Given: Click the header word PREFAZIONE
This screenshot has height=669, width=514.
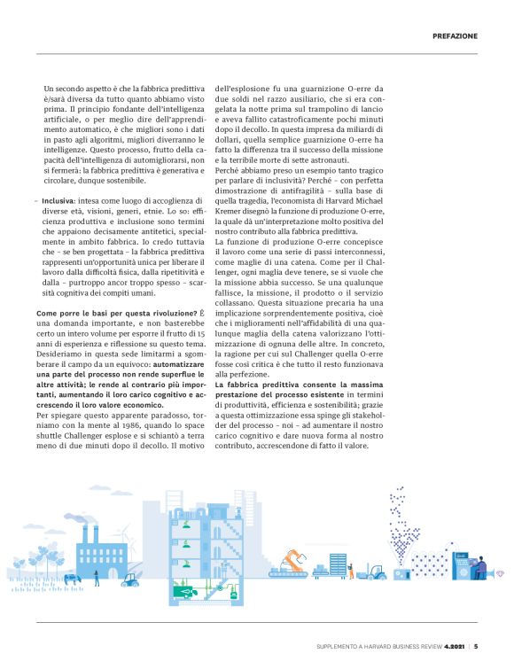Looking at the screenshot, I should [x=455, y=36].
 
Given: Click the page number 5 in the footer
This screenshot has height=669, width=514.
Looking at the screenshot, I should [x=477, y=646].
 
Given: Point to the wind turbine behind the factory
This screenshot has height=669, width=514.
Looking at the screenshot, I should [x=125, y=539].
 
